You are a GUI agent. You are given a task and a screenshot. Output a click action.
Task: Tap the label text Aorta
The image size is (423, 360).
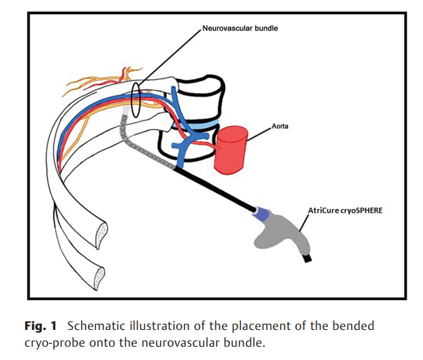pos(281,128)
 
